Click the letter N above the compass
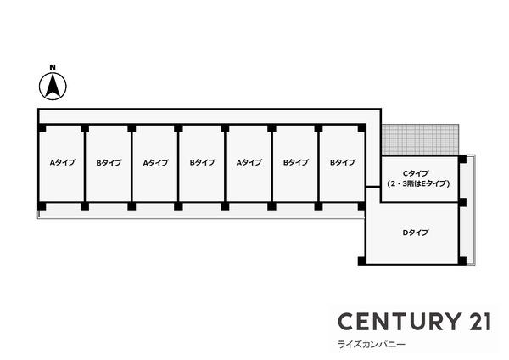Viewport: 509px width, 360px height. (53, 67)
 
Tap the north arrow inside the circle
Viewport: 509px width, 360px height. (53, 86)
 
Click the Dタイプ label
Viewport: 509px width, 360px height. (416, 233)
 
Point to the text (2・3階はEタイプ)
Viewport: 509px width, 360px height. (418, 184)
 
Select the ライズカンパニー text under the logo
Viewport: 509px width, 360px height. (372, 345)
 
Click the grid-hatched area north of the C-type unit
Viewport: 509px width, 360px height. (420, 139)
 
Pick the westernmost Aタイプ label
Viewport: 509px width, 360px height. (62, 162)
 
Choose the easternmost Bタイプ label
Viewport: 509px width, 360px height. (343, 162)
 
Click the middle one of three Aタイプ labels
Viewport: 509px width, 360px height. (156, 162)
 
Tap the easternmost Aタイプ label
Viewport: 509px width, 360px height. (249, 162)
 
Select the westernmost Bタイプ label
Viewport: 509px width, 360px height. (109, 162)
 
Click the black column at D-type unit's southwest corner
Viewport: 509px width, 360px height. (362, 261)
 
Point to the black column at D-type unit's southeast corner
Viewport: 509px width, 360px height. (462, 261)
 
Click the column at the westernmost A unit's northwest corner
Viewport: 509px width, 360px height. (42, 128)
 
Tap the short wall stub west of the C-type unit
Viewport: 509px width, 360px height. (373, 187)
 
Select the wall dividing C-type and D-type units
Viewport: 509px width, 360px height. (419, 202)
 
